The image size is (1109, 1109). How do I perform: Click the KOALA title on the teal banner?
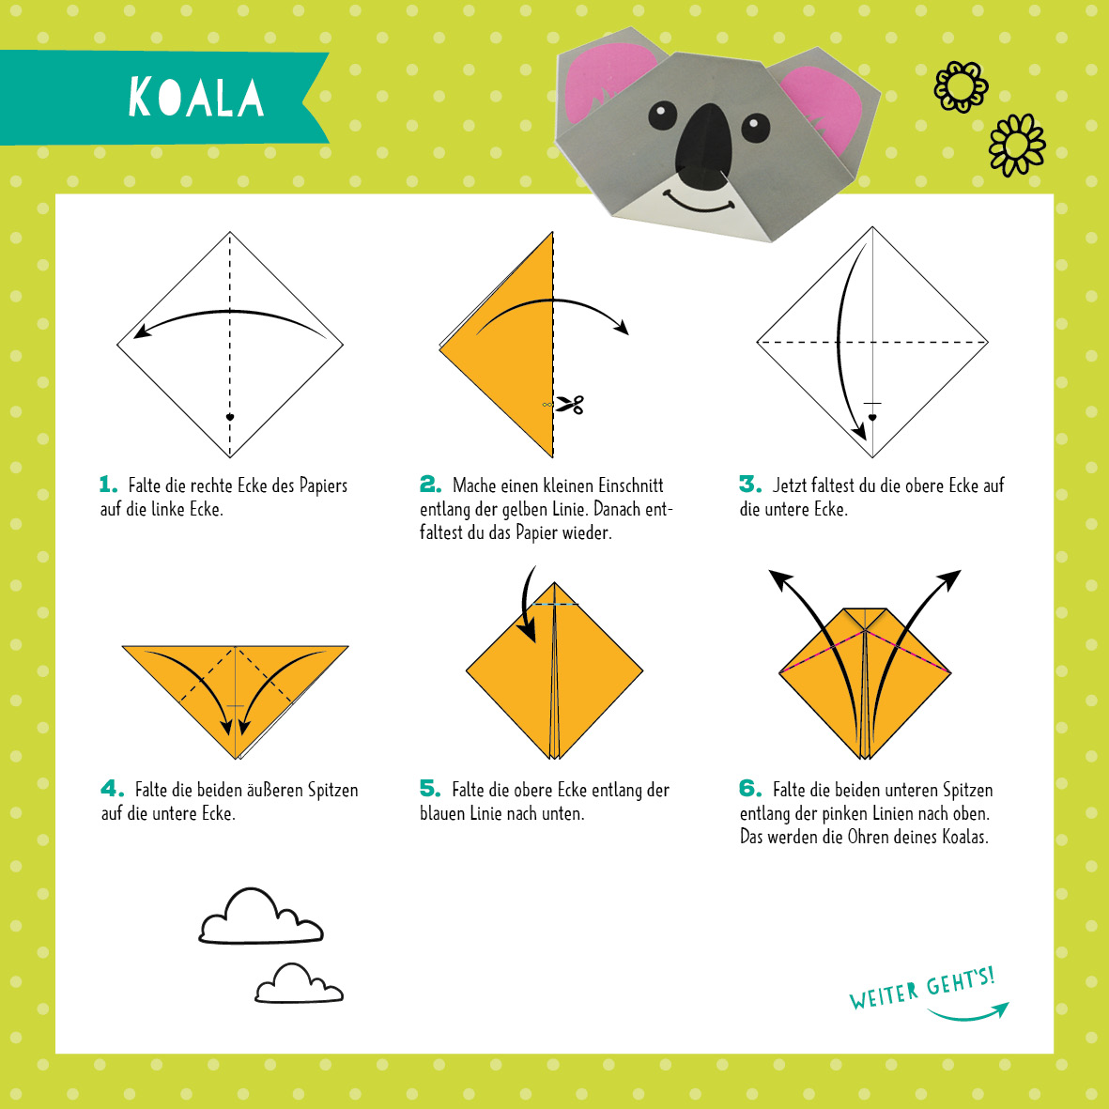click(196, 97)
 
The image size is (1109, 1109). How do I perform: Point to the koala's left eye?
click(663, 116)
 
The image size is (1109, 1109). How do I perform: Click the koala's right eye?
click(755, 128)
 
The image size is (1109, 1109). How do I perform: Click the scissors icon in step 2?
click(569, 405)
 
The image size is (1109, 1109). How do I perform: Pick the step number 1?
click(107, 485)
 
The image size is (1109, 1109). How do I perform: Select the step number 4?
click(112, 789)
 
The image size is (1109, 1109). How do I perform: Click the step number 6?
click(750, 789)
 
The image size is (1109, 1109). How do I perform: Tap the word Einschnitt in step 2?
click(631, 485)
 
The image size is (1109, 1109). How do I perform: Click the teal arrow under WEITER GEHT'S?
click(968, 1014)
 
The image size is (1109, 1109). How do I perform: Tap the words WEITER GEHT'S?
click(922, 988)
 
